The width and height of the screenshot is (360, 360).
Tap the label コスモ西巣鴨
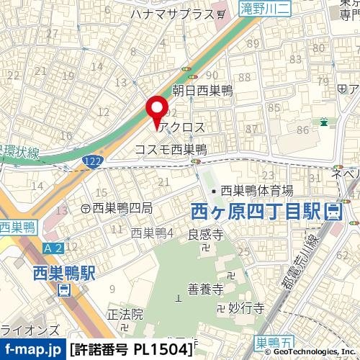(171, 150)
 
